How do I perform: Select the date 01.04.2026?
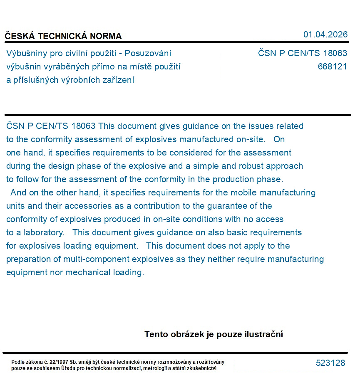click(325, 35)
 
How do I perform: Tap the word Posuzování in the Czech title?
click(148, 53)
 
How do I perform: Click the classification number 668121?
click(332, 67)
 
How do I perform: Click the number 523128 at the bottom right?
click(330, 363)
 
